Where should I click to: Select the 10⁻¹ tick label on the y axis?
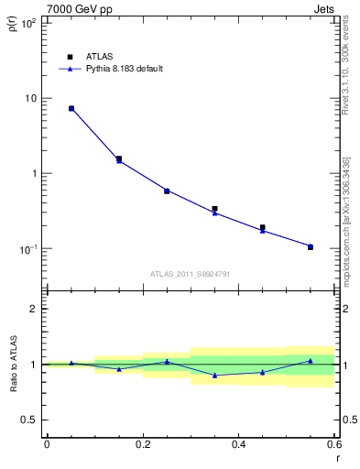(x=27, y=248)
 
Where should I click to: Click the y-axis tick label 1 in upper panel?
(x=34, y=173)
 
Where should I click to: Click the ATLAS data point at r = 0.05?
(x=71, y=108)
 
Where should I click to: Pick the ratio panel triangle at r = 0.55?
(x=311, y=361)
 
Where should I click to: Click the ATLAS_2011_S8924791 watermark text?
(x=191, y=273)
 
